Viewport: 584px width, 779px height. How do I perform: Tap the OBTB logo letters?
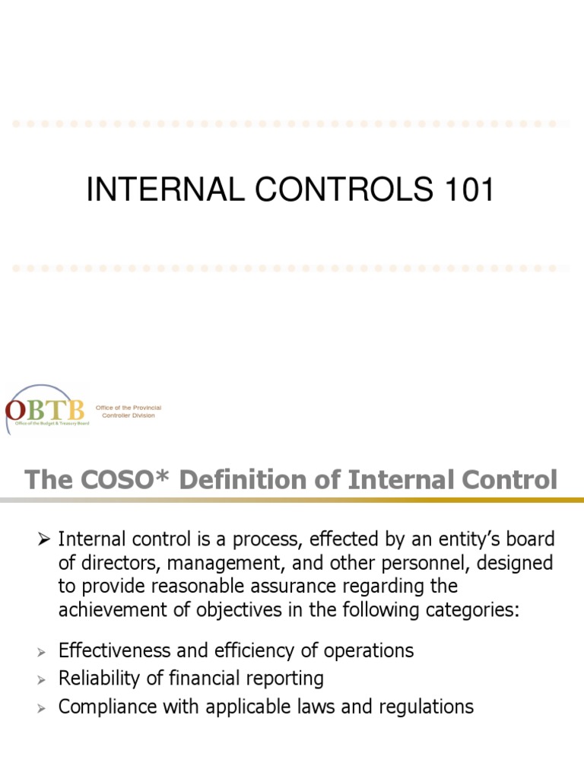[x=48, y=409]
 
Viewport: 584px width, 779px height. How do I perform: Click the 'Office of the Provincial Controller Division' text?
[x=128, y=412]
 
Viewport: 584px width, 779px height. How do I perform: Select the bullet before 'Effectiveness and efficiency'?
[x=43, y=652]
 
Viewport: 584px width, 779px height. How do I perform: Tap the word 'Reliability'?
[x=104, y=678]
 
